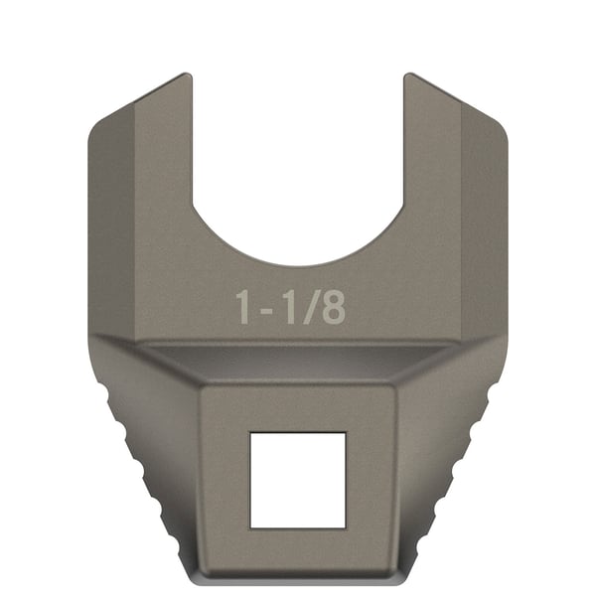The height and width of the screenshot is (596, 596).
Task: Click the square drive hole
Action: point(297,480)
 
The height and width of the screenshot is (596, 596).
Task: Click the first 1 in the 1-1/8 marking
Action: point(244,308)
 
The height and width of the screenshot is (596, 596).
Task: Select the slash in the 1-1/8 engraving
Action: point(311,308)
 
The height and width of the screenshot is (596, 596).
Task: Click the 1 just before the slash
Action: point(289,308)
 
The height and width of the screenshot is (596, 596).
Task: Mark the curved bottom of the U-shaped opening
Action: point(297,262)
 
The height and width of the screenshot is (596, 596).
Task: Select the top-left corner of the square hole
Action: point(250,433)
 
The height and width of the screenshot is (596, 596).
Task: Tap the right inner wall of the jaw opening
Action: point(403,149)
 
